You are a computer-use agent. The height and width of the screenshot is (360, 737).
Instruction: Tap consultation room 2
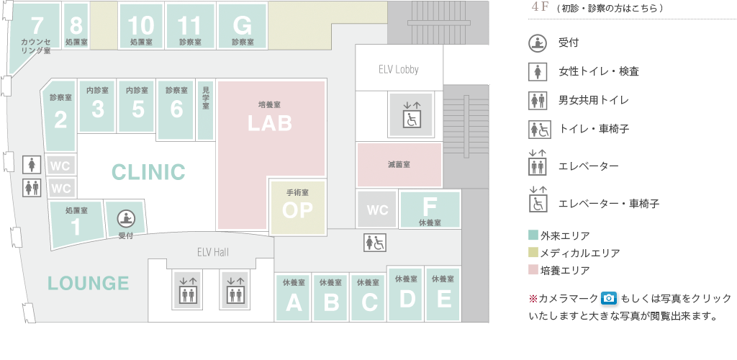tap(60, 115)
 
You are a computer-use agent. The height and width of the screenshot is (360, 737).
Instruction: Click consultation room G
tap(243, 27)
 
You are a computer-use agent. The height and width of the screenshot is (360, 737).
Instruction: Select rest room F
tap(430, 209)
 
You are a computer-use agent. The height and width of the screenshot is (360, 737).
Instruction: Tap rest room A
tap(294, 297)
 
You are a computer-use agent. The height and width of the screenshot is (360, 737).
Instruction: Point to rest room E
tap(443, 294)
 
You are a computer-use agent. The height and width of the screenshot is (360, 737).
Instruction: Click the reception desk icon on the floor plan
tap(125, 217)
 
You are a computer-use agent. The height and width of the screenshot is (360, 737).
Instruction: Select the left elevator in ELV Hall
tap(187, 289)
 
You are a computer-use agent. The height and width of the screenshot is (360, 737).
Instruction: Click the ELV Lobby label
tap(398, 69)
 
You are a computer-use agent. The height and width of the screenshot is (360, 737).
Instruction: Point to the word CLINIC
tap(148, 172)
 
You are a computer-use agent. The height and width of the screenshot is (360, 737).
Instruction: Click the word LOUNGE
tap(89, 283)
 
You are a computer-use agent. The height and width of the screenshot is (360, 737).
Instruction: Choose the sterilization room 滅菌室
tap(399, 165)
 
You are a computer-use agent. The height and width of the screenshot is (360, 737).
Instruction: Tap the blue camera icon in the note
tap(609, 298)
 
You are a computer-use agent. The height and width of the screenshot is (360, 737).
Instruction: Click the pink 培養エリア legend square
tap(533, 270)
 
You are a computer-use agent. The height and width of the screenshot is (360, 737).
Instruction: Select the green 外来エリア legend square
tap(533, 235)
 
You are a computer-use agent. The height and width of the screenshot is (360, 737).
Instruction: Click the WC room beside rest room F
tap(377, 210)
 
